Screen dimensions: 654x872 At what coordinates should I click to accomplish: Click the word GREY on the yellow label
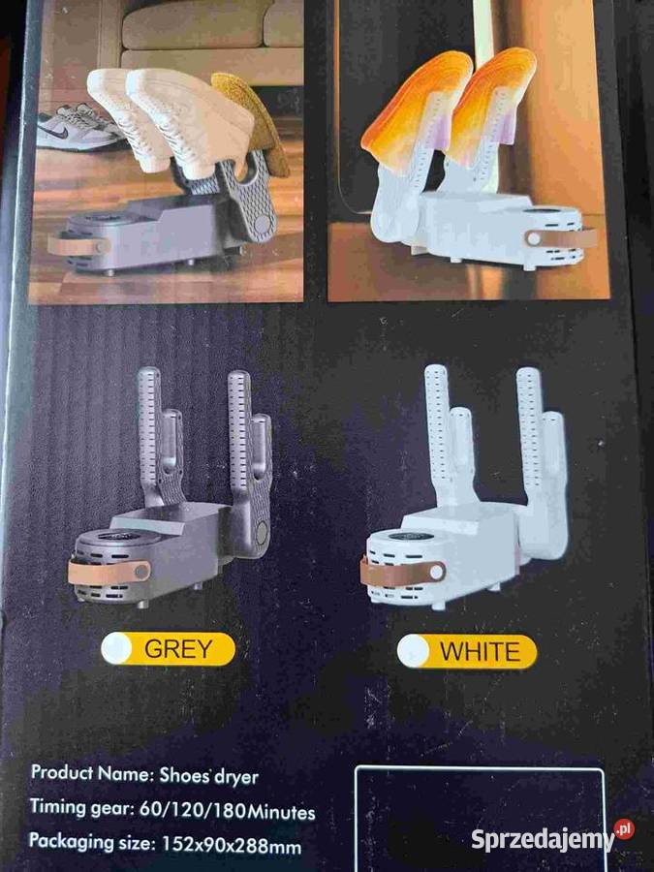coord(178,649)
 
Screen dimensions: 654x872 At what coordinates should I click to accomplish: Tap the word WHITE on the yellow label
coord(480,652)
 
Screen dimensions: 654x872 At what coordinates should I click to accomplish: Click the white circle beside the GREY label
coord(117,648)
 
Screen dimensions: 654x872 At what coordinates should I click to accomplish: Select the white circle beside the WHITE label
coord(413,651)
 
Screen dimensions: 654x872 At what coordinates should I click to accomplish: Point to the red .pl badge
coord(624,829)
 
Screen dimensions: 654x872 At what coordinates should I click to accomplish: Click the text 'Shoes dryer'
coord(208,776)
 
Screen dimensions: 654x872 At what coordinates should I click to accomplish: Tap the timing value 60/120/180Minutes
coord(227,810)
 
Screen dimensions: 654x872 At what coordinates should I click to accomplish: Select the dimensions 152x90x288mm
coord(232,845)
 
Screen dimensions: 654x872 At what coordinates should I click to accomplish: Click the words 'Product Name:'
coord(91,773)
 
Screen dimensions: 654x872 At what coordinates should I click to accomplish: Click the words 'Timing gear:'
coord(81,807)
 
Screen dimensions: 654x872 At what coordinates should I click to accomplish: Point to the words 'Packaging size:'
coord(92,841)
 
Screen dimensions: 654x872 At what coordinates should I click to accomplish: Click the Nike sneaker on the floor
coord(77,128)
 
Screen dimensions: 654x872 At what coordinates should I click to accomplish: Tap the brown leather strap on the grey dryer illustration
coord(109,573)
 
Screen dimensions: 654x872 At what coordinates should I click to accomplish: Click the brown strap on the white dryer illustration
coord(403,573)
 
